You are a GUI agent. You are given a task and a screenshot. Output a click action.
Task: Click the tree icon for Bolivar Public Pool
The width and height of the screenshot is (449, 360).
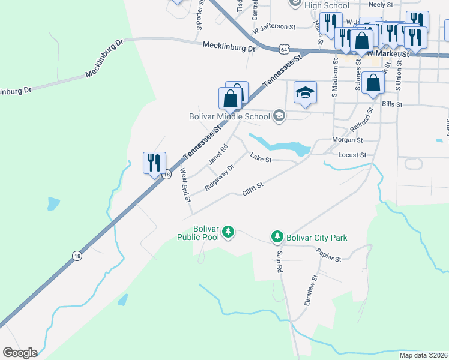point(228,232)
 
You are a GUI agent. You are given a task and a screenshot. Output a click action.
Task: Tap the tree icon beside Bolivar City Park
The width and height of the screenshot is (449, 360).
point(277,237)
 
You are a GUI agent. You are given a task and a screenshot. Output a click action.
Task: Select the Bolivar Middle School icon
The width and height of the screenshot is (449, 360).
point(279,116)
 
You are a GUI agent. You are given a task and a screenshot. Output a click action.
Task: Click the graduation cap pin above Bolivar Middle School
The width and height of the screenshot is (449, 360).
point(305,93)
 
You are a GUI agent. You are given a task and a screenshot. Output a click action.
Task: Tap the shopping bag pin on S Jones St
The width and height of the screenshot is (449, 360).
point(373,83)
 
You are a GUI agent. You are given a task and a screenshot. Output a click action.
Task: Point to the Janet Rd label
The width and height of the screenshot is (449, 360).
point(218,154)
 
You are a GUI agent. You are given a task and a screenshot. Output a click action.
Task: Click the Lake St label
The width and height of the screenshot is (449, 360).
point(261,160)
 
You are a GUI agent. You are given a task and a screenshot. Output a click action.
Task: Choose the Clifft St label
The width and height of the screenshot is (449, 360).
point(253,189)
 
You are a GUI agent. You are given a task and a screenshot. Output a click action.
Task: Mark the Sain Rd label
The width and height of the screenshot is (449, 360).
point(279,262)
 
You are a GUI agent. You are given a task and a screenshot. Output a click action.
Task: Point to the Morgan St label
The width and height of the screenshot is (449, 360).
point(348,140)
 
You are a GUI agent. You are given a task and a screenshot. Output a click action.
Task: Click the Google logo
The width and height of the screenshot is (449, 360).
point(20,353)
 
